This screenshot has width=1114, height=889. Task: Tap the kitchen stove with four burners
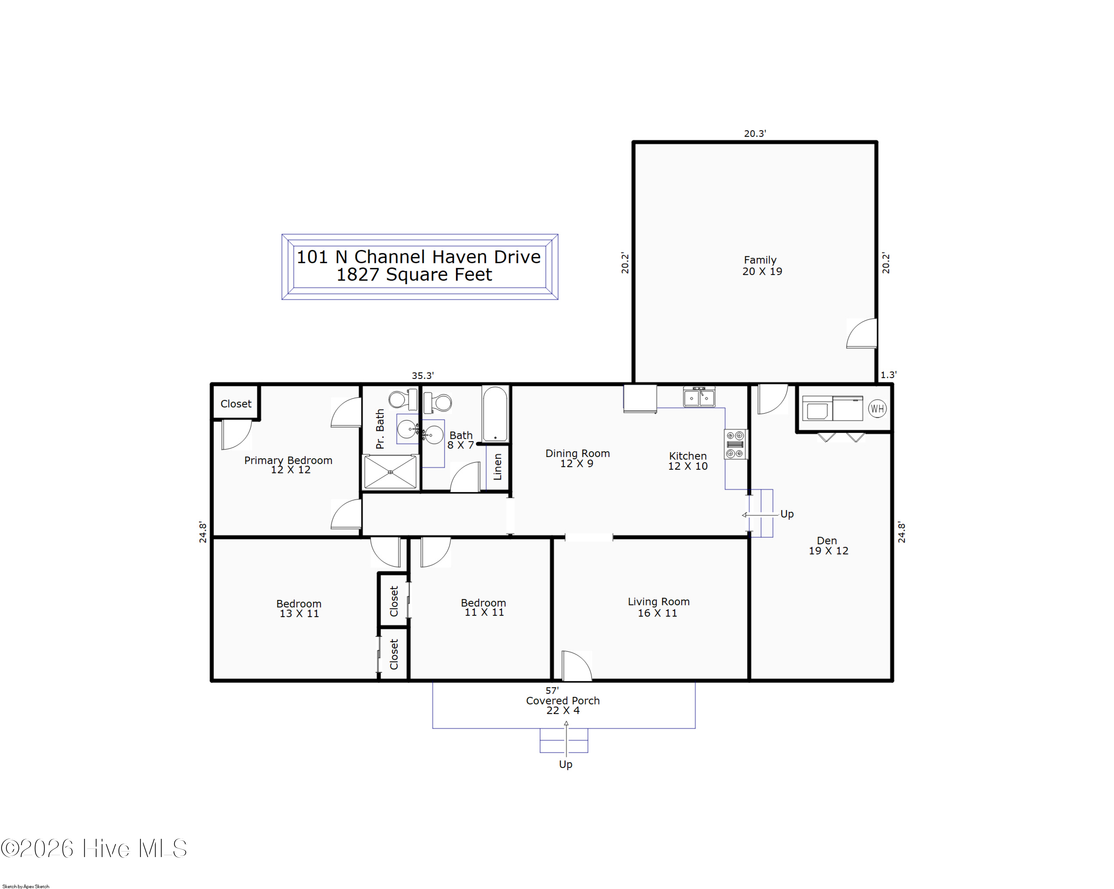point(735,444)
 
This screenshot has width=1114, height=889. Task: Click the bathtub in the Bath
point(495,414)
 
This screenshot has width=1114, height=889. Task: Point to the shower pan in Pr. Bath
point(390,471)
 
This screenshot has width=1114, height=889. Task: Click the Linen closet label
point(498,467)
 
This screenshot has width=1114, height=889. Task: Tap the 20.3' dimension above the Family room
point(755,133)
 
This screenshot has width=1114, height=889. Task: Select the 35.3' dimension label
point(422,376)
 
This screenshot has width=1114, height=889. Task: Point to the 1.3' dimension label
point(888,375)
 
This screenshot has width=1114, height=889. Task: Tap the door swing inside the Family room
point(861,333)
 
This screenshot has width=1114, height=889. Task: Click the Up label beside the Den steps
point(787,514)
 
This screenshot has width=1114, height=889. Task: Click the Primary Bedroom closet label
point(236,404)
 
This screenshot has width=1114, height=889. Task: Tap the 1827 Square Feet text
point(414,275)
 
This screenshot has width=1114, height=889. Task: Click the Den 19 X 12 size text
point(828,551)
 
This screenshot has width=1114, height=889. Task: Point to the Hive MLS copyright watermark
point(94,849)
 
